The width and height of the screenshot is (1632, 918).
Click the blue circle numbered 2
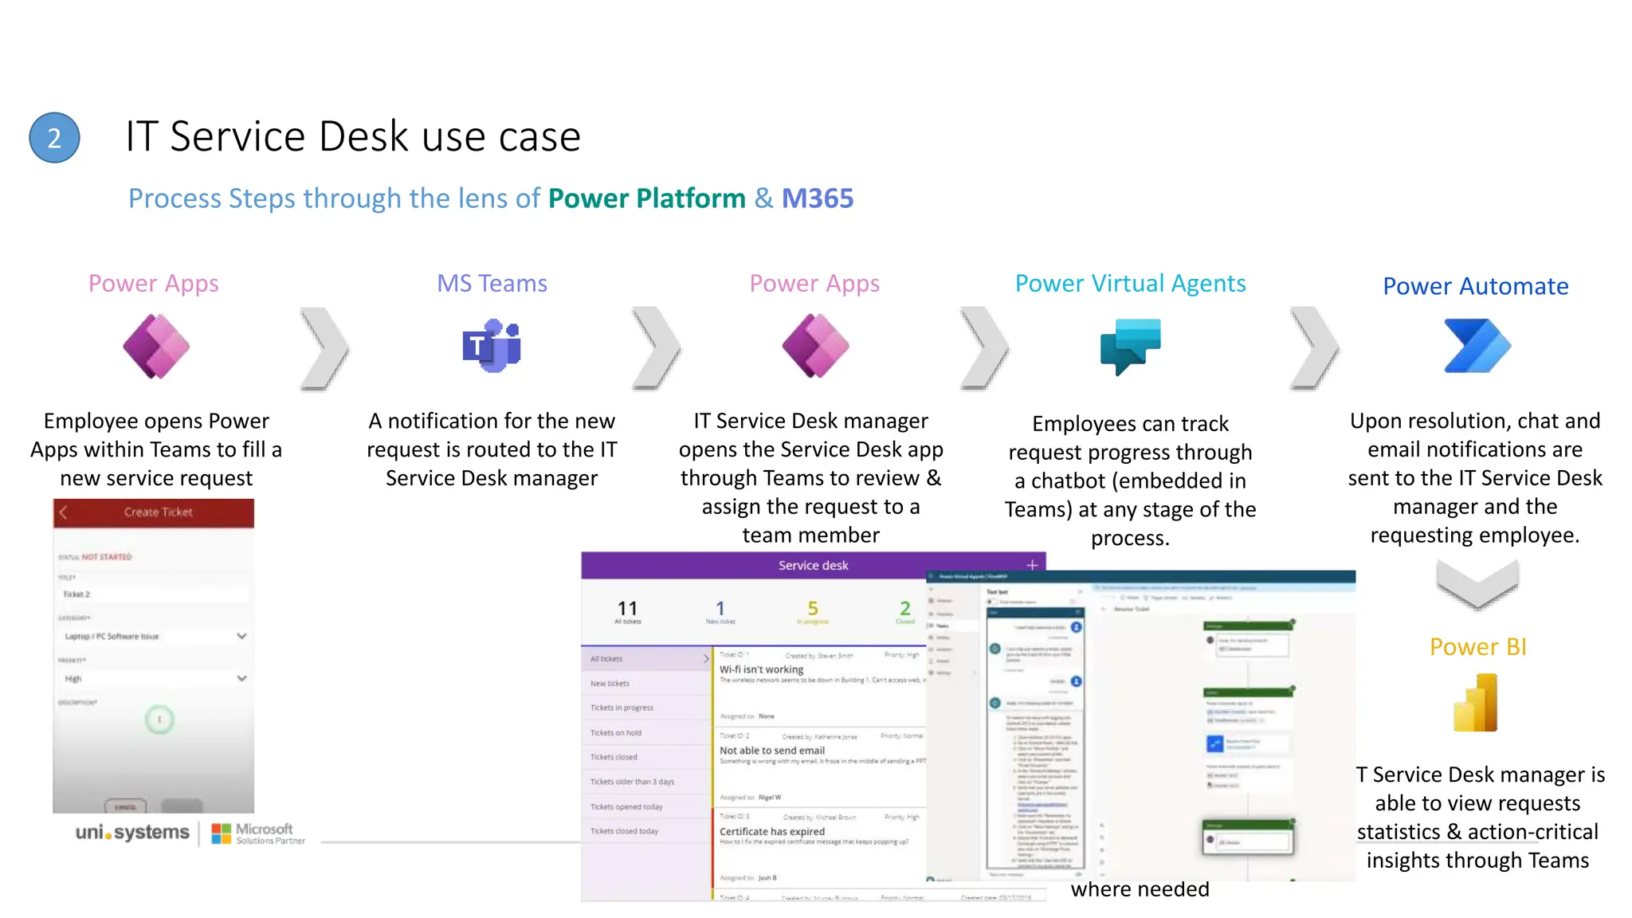pyautogui.click(x=54, y=138)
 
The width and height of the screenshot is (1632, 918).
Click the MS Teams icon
pyautogui.click(x=492, y=346)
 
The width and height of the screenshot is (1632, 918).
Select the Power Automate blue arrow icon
pyautogui.click(x=1477, y=346)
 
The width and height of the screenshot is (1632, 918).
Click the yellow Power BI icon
pyautogui.click(x=1476, y=703)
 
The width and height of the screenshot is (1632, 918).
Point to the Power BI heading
pyautogui.click(x=1477, y=646)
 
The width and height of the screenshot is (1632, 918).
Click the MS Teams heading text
pyautogui.click(x=492, y=284)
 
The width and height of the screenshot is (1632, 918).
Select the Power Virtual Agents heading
pyautogui.click(x=1130, y=284)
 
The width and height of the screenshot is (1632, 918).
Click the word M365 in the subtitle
pyautogui.click(x=817, y=198)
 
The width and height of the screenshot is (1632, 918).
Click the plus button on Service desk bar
pyautogui.click(x=1032, y=565)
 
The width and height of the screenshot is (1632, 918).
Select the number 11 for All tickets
pyautogui.click(x=628, y=609)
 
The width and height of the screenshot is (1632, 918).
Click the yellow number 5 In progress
pyautogui.click(x=813, y=609)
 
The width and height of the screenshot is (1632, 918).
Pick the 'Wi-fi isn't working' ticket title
pyautogui.click(x=761, y=669)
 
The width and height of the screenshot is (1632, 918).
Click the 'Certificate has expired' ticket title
pyautogui.click(x=771, y=831)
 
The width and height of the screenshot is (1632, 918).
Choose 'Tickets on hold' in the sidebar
pyautogui.click(x=615, y=732)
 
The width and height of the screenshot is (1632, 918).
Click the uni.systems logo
pyautogui.click(x=132, y=833)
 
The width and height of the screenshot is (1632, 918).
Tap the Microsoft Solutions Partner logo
pyautogui.click(x=258, y=834)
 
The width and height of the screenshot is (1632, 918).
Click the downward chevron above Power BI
pyautogui.click(x=1477, y=584)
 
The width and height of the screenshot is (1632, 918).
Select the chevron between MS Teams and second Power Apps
pyautogui.click(x=657, y=348)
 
